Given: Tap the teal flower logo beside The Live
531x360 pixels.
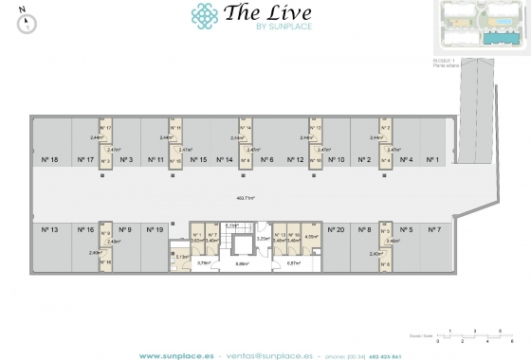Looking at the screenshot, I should (204, 15).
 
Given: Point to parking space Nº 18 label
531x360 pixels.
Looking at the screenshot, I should (49, 159).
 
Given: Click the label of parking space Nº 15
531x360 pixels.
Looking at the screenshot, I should (197, 159).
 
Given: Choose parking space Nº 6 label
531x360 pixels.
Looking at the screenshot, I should (266, 159).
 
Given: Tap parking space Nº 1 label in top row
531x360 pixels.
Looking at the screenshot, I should (433, 159).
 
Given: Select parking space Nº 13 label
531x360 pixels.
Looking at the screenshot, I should (49, 229).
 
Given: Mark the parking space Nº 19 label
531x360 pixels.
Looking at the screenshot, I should (156, 229).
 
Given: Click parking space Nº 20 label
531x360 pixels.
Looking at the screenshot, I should (335, 229).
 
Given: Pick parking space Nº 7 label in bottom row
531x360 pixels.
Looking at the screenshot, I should (434, 229).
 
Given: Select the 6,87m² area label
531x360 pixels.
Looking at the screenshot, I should (293, 263).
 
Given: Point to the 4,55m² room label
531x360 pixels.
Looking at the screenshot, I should (311, 238).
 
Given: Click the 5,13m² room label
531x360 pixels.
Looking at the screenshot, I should (181, 256).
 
